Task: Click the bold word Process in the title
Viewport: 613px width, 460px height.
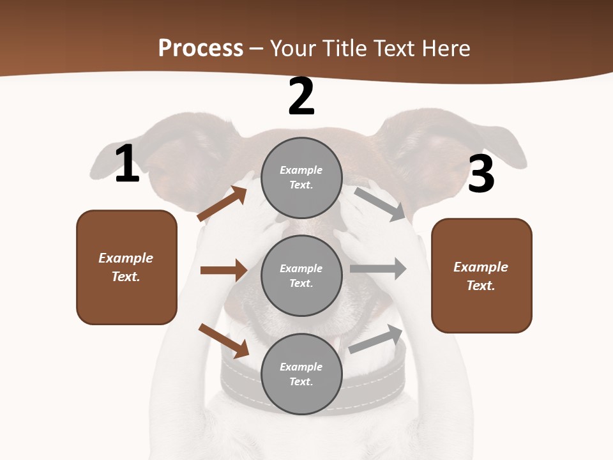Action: (x=201, y=49)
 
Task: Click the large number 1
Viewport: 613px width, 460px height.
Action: (x=127, y=164)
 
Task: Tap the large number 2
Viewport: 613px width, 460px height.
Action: (x=301, y=97)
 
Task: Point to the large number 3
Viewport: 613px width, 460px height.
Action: (x=481, y=174)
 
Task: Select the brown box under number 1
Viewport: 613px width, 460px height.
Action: (x=126, y=267)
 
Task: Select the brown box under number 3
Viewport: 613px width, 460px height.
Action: (x=481, y=276)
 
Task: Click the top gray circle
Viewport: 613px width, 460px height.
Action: (x=301, y=178)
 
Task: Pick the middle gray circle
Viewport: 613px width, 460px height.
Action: (x=301, y=276)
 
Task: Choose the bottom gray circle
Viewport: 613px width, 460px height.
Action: (x=301, y=374)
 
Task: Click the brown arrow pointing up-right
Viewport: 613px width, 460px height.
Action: (x=222, y=204)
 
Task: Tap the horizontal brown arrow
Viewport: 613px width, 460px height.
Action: (x=223, y=270)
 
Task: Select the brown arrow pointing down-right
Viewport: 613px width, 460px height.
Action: (x=223, y=341)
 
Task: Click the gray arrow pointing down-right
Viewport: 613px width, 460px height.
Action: (x=381, y=204)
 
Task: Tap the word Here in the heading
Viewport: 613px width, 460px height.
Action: (x=445, y=49)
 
